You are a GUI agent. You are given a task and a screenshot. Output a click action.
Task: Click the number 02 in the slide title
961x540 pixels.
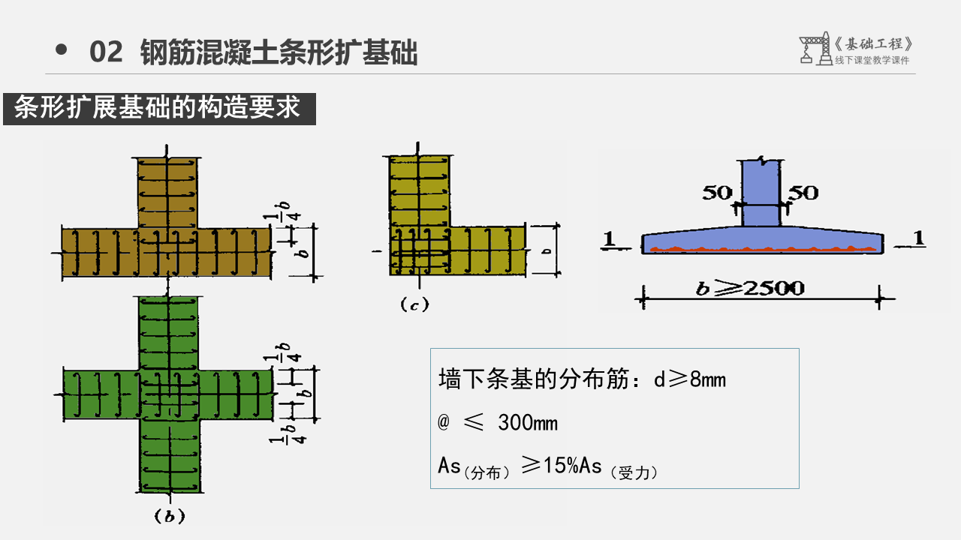coord(105,52)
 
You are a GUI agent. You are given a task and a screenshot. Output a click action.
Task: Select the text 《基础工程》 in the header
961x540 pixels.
coord(875,44)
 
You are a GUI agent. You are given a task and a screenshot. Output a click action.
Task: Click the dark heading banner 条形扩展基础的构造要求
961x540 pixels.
coord(158,109)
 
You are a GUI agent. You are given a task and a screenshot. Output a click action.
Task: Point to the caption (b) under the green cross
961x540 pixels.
coord(169,516)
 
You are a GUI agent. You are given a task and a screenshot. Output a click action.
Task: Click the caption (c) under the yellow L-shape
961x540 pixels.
coord(414,304)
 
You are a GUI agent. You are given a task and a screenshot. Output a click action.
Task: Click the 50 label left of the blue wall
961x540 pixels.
coord(717,193)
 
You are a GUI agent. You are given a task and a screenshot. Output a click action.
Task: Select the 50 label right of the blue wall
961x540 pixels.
coord(803,193)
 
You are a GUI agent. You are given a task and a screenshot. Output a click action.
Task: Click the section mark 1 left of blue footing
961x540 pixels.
coord(610,238)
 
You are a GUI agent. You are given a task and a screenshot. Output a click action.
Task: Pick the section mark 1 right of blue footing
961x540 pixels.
coord(919,238)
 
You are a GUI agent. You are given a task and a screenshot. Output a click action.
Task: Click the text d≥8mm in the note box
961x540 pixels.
coord(688,379)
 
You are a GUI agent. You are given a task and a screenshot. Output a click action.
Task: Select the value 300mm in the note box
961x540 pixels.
coord(528,423)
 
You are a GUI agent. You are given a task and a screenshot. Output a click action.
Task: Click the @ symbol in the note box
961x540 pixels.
coord(443,423)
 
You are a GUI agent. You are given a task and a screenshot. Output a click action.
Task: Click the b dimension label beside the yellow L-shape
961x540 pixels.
coord(547,250)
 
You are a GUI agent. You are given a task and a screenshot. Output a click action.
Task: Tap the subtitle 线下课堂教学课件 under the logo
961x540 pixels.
coord(872,61)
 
